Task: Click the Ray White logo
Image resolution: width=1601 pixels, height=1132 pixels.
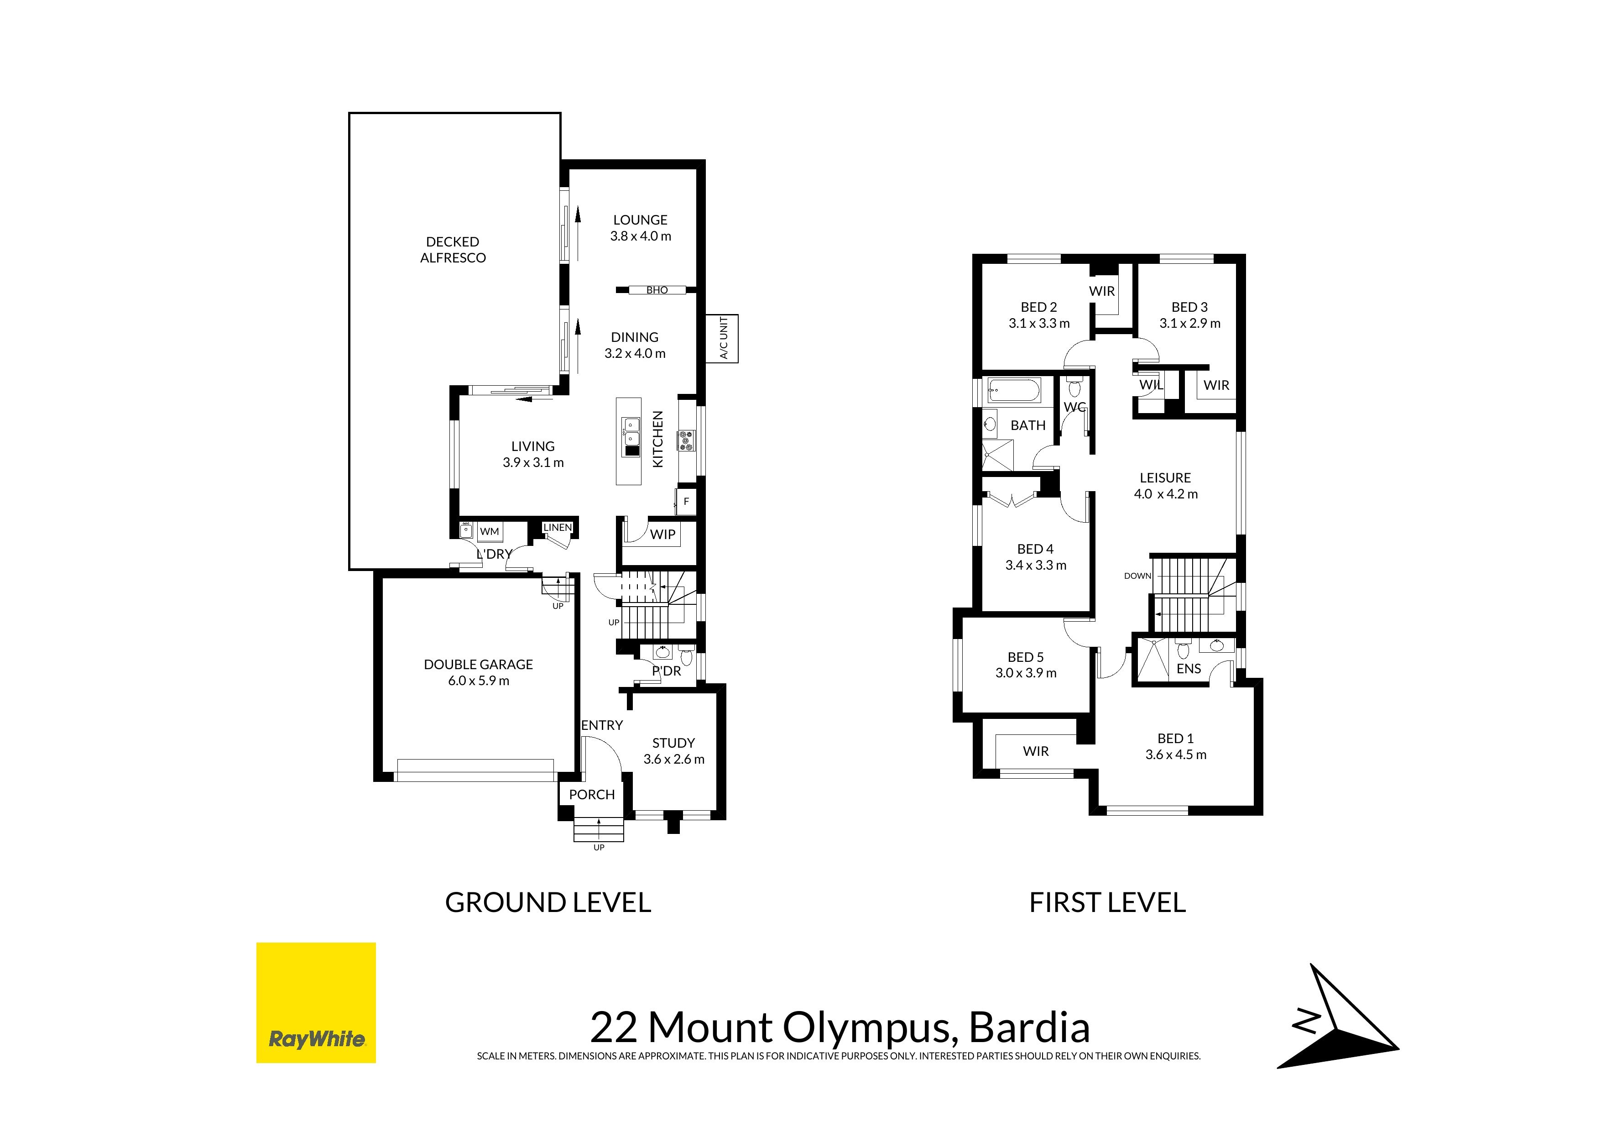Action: point(316,1002)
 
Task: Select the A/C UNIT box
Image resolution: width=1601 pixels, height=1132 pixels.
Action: point(722,338)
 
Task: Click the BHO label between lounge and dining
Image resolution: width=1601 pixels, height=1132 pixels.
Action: point(657,290)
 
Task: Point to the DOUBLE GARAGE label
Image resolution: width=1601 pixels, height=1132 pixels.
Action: point(478,665)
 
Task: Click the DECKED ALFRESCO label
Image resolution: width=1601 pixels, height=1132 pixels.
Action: point(453,250)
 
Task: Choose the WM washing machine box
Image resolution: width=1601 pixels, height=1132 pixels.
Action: point(490,531)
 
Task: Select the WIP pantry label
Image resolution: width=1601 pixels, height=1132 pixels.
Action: point(662,534)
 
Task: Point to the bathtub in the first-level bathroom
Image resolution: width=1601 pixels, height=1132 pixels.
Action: point(1015,391)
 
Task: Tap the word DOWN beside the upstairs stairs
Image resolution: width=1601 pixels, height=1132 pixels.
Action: point(1137,576)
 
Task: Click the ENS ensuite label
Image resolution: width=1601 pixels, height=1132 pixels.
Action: point(1189,669)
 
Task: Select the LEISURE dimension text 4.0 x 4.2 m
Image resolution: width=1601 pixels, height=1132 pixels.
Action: point(1166,494)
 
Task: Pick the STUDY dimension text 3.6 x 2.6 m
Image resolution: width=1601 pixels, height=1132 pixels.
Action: point(673,760)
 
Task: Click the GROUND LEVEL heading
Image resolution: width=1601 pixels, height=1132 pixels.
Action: point(548,902)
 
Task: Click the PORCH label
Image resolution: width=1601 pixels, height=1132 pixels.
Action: point(592,794)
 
